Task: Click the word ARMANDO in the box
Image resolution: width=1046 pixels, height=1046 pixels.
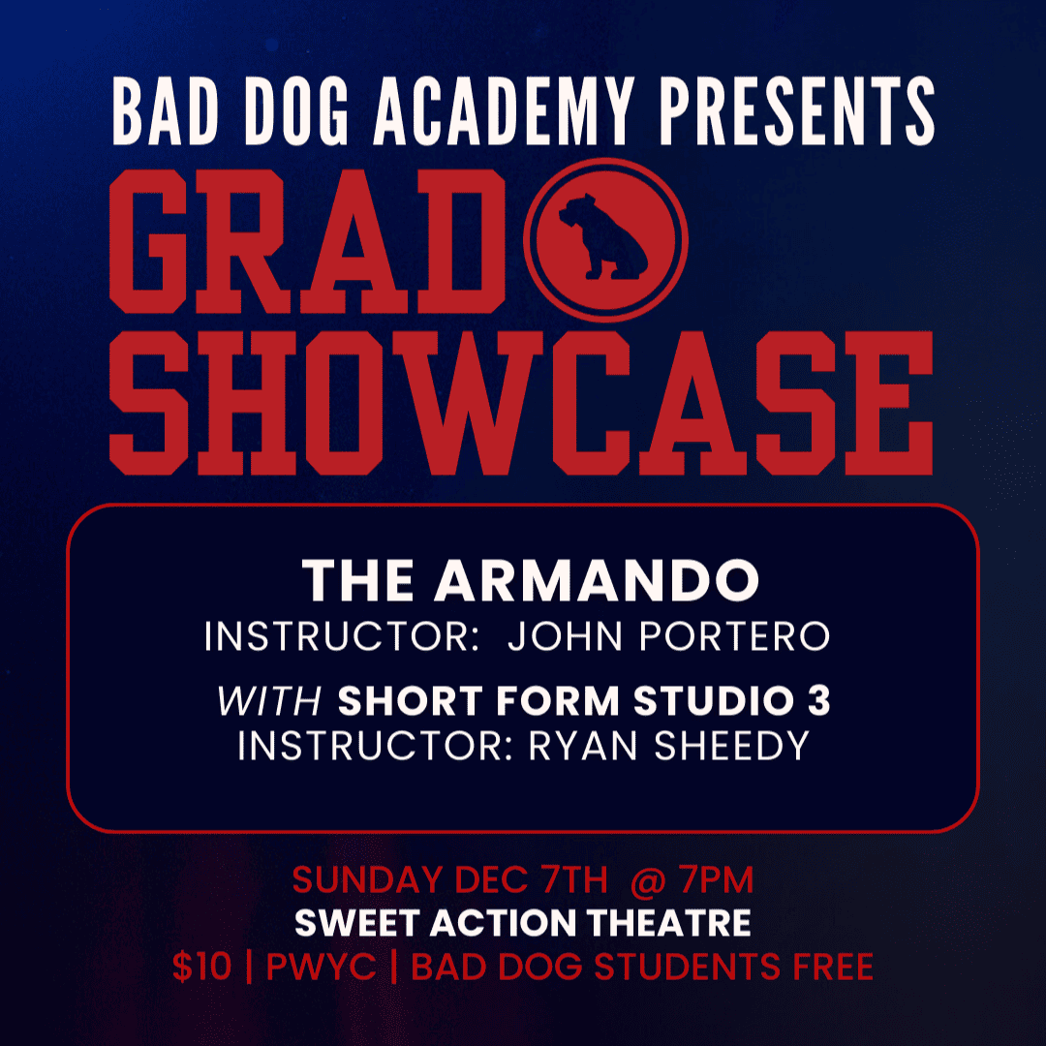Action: point(596,581)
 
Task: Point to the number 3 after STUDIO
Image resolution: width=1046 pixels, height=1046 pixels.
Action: point(818,702)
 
